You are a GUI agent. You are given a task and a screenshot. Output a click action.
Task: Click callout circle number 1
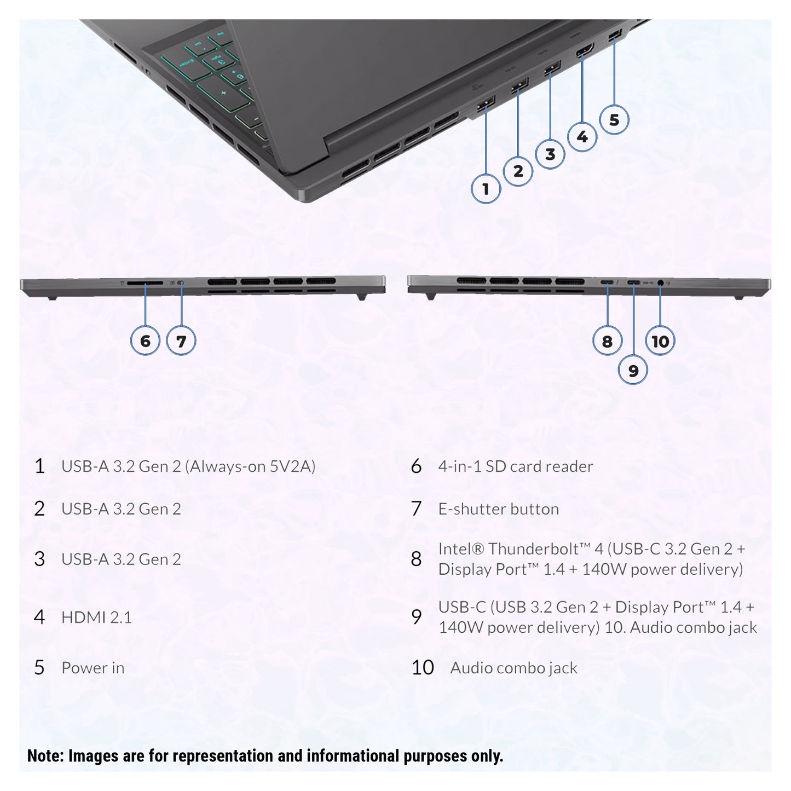[x=486, y=189]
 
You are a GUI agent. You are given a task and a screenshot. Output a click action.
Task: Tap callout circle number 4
[x=582, y=137]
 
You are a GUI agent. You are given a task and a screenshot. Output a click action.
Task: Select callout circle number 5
[x=614, y=120]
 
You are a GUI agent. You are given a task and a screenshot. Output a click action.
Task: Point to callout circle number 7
[x=181, y=340]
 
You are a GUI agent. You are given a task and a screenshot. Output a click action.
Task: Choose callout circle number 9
[x=633, y=370]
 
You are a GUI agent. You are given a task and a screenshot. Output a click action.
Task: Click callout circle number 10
[x=660, y=340]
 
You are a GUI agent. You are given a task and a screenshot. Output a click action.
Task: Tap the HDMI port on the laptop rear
[x=585, y=50]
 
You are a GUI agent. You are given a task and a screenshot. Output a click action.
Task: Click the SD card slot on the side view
[x=145, y=283]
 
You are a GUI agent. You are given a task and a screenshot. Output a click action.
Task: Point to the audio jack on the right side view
[x=660, y=282]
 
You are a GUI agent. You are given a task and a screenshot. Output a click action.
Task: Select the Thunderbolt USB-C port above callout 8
[x=608, y=282]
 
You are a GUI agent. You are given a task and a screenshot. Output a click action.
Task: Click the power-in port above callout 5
[x=615, y=34]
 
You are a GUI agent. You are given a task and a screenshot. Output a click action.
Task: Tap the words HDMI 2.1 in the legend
[x=96, y=617]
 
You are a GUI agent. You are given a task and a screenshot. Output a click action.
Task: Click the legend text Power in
[x=93, y=668]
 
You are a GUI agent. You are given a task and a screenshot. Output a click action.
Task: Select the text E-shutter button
[x=498, y=509]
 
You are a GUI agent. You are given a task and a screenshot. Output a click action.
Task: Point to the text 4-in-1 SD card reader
[x=516, y=466]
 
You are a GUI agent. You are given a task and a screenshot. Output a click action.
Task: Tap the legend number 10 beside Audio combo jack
[x=423, y=668]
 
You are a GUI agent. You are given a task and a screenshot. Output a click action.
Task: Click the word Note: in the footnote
[x=45, y=756]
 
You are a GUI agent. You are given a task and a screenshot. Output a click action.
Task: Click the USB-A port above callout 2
[x=519, y=85]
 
